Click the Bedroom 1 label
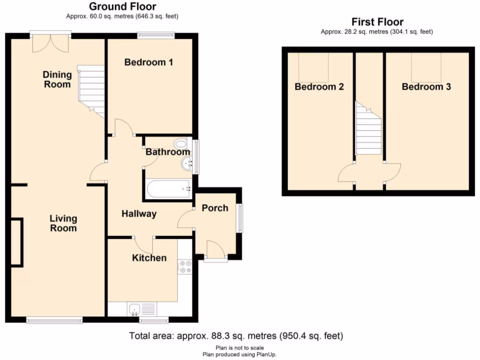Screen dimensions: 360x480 coord(149,62)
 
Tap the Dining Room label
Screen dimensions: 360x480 coord(57,79)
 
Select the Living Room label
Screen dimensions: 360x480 coord(63,223)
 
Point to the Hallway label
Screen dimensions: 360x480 coord(139,214)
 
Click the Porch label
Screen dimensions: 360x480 coord(215,208)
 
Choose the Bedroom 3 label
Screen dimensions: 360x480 coord(426,87)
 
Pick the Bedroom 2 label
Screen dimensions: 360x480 coord(319,87)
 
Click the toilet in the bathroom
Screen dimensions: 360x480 coord(180,143)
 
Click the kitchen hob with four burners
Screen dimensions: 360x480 coord(185,267)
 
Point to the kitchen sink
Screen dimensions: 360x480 coord(135,309)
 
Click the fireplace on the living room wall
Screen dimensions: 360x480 coord(16,242)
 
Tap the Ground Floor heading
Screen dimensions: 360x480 coord(122,7)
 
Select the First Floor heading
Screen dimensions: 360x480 coord(377,22)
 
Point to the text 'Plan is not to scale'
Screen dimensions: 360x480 coord(240,348)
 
